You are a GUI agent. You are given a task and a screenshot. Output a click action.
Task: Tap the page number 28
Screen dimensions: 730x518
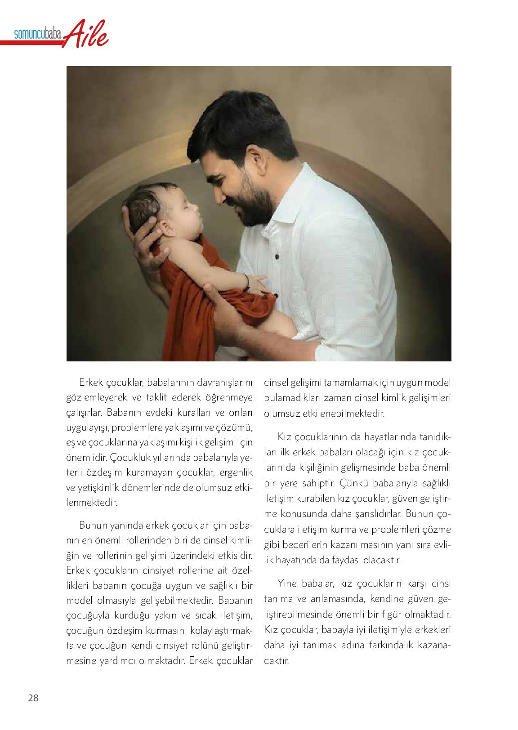pos(33,698)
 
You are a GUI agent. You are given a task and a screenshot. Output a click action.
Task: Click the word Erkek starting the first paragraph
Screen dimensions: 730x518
pos(91,383)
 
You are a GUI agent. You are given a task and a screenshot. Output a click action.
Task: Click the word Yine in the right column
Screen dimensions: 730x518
pos(289,584)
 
